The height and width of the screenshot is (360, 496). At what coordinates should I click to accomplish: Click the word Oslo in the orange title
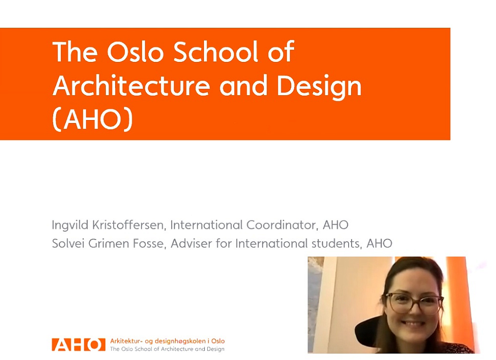[135, 52]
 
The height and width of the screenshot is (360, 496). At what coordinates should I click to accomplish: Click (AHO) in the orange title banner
[93, 120]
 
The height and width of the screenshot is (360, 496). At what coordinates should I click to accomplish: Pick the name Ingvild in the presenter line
[70, 226]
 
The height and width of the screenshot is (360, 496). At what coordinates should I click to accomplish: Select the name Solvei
[68, 243]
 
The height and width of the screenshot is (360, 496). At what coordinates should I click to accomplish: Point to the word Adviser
[191, 243]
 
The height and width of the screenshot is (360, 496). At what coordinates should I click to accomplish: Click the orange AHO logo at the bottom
[78, 345]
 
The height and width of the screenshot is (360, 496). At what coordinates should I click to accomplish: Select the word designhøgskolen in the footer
[180, 341]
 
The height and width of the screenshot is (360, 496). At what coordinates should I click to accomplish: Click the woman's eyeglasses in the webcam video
[413, 302]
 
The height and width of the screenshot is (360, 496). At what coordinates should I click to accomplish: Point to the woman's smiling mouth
[413, 324]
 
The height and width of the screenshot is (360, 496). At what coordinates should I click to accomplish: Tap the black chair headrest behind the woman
[367, 331]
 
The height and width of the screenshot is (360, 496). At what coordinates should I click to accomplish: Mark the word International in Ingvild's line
[207, 225]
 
